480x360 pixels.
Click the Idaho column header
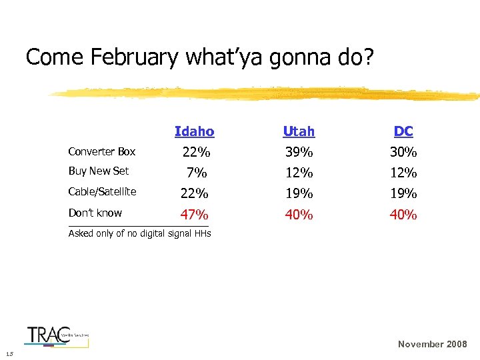point(194,131)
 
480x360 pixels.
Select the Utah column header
point(299,131)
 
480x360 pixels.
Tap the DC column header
point(403,131)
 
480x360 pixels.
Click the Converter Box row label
point(102,151)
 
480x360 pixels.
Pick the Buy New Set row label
point(99,171)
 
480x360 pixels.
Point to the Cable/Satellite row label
point(103,192)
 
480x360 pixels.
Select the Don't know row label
point(95,213)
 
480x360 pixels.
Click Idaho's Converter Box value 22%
point(196,152)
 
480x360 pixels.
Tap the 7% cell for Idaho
point(197,173)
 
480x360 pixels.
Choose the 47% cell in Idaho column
point(195,215)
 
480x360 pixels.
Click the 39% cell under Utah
point(299,152)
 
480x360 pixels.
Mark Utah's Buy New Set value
point(299,173)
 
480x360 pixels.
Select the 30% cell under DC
point(403,152)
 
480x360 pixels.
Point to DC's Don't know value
point(403,215)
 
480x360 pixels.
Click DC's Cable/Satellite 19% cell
point(403,194)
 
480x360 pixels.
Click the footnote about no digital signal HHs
point(139,233)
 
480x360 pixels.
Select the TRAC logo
point(57,335)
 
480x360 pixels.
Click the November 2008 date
point(432,344)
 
